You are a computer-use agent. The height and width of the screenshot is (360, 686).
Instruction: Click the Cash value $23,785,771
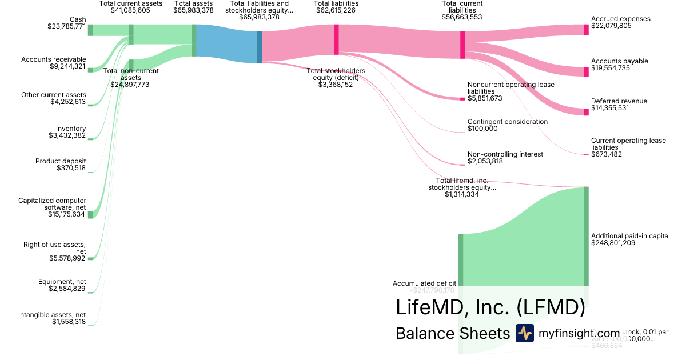pos(67,26)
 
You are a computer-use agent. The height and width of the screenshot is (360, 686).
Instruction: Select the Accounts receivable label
pos(54,59)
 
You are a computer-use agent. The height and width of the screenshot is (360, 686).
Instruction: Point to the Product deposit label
pos(61,161)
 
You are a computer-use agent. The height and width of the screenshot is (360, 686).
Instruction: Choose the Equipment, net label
pos(62,282)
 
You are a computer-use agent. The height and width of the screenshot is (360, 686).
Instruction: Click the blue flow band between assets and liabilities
pos(227,44)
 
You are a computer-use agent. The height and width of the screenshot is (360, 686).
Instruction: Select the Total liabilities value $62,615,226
pos(336,10)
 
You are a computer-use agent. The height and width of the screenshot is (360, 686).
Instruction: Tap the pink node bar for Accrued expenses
pos(586,30)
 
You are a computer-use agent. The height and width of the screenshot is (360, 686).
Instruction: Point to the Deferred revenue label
pos(619,101)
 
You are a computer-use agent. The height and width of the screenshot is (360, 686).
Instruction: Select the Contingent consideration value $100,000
pos(482,129)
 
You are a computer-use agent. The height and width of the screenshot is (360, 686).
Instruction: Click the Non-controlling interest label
pos(505,154)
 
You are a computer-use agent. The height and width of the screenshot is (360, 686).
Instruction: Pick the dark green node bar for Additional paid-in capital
pos(586,235)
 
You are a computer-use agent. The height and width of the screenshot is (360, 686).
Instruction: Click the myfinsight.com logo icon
pos(524,333)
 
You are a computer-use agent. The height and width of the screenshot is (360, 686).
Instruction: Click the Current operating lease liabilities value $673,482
pos(607,154)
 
